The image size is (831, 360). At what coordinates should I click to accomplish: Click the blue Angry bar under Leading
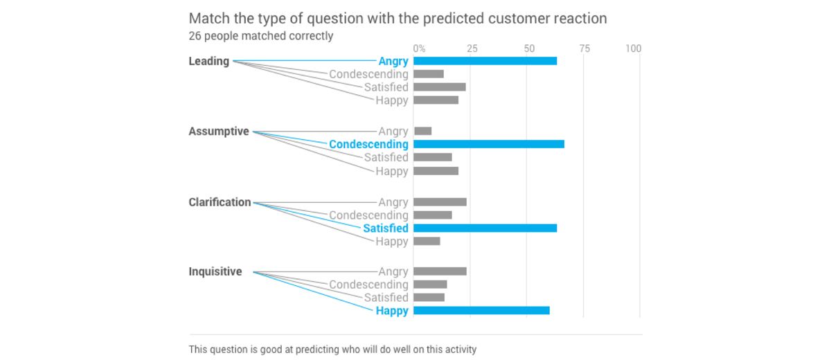485,61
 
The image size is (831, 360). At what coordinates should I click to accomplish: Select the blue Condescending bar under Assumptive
489,144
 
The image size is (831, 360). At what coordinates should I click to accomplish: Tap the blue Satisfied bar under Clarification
485,228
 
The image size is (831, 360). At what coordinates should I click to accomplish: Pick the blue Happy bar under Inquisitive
481,310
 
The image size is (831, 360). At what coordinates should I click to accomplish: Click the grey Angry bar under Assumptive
422,131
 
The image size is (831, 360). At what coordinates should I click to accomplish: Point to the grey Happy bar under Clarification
427,241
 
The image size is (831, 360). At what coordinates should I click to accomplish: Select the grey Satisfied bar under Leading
440,87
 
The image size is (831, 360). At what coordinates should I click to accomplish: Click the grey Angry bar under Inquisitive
440,271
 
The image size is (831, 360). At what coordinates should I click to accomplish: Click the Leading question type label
208,61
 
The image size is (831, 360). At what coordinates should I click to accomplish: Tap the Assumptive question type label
218,131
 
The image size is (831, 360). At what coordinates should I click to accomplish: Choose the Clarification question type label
220,202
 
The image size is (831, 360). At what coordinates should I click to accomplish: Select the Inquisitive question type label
215,271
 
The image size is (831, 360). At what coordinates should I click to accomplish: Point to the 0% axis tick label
420,48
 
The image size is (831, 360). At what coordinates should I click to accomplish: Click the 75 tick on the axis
584,48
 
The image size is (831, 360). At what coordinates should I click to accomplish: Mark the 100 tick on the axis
633,48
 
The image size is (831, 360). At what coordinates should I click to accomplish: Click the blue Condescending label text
368,144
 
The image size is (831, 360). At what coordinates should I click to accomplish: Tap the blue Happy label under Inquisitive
392,311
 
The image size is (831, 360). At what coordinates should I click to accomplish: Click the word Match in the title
210,18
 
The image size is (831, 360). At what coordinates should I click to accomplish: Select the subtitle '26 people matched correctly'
260,35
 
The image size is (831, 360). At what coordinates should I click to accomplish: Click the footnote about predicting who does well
332,350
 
